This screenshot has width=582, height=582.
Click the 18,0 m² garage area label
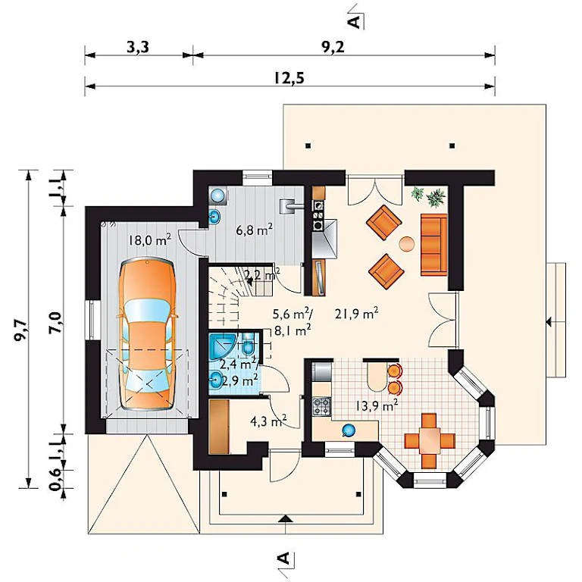click(149, 239)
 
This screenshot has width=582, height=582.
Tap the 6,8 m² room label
click(255, 230)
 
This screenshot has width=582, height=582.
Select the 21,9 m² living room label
click(356, 314)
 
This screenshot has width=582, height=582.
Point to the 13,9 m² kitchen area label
click(377, 405)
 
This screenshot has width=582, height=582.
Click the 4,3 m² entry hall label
click(268, 421)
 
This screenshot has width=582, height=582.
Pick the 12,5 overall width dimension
click(289, 78)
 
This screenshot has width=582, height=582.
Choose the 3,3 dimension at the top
click(138, 48)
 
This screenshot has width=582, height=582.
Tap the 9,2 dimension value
click(333, 48)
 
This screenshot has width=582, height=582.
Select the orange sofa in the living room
click(433, 245)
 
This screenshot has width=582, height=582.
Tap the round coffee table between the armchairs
click(407, 245)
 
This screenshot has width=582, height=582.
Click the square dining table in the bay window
click(430, 440)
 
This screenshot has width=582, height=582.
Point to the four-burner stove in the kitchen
click(322, 406)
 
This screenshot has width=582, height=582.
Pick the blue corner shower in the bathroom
click(221, 346)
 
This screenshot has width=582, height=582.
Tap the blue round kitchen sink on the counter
click(348, 430)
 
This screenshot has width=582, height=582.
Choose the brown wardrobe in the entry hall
click(218, 427)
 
